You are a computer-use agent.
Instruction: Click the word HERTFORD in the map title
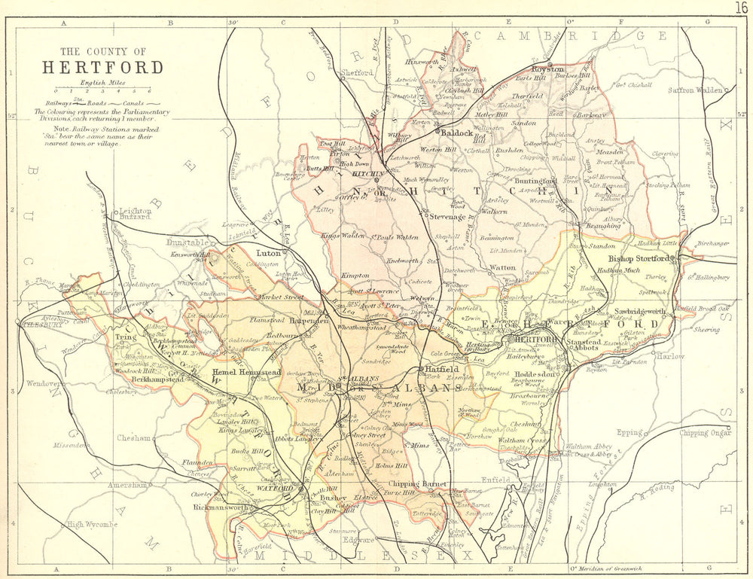click(x=102, y=67)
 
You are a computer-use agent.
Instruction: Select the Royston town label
click(x=548, y=69)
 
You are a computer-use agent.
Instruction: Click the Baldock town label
click(x=458, y=133)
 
